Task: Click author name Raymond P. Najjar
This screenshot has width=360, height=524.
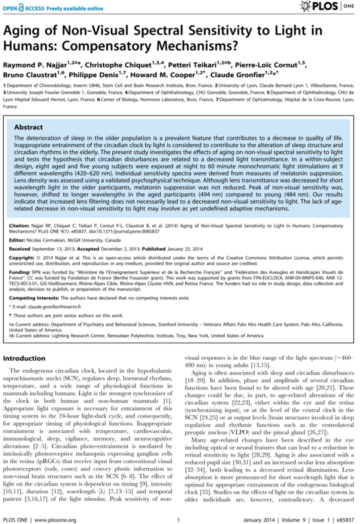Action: point(34,65)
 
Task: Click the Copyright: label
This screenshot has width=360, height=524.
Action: point(23,258)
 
